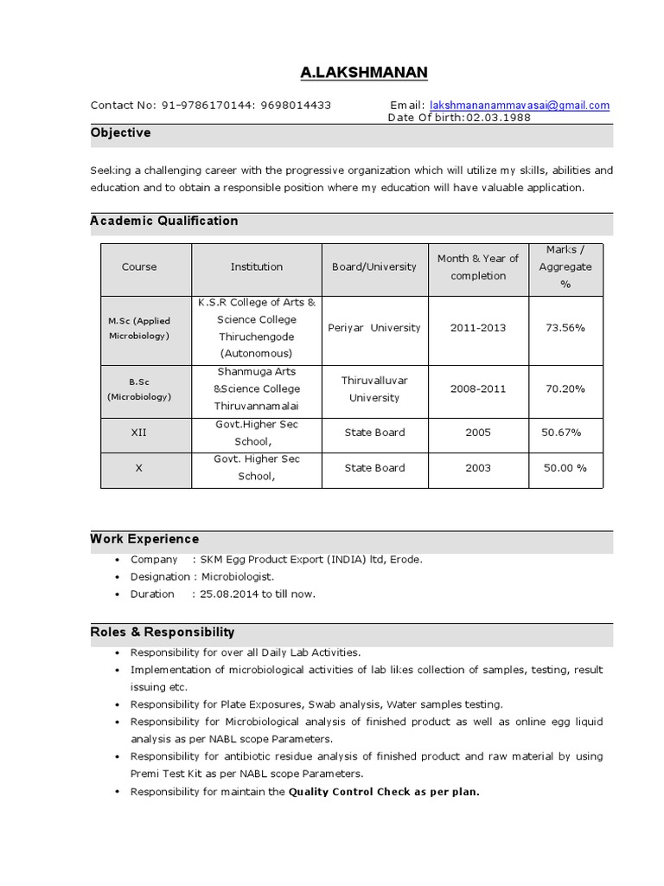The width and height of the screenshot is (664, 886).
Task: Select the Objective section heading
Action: tap(120, 133)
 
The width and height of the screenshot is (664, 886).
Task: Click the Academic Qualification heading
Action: tap(164, 221)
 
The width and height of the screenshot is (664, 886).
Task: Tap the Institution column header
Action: tap(256, 267)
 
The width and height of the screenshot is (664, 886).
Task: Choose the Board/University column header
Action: tap(374, 267)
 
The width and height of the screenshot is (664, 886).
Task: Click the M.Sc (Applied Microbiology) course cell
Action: tap(139, 328)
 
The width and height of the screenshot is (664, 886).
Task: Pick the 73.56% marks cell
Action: tap(565, 328)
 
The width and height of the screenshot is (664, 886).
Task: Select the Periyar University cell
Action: tap(374, 328)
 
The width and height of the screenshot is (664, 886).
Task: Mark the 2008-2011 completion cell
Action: tap(478, 389)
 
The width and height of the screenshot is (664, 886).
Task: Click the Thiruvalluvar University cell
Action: tap(374, 389)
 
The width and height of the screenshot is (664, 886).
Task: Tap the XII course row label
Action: tap(139, 433)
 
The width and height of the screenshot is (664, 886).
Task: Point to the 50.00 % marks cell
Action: tap(565, 468)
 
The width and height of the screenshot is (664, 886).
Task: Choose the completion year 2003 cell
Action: tap(478, 468)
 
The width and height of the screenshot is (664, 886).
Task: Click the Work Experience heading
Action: tap(144, 539)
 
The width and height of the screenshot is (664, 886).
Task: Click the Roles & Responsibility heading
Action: tap(163, 632)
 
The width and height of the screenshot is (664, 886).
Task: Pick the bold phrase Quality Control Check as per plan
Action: tap(384, 792)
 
